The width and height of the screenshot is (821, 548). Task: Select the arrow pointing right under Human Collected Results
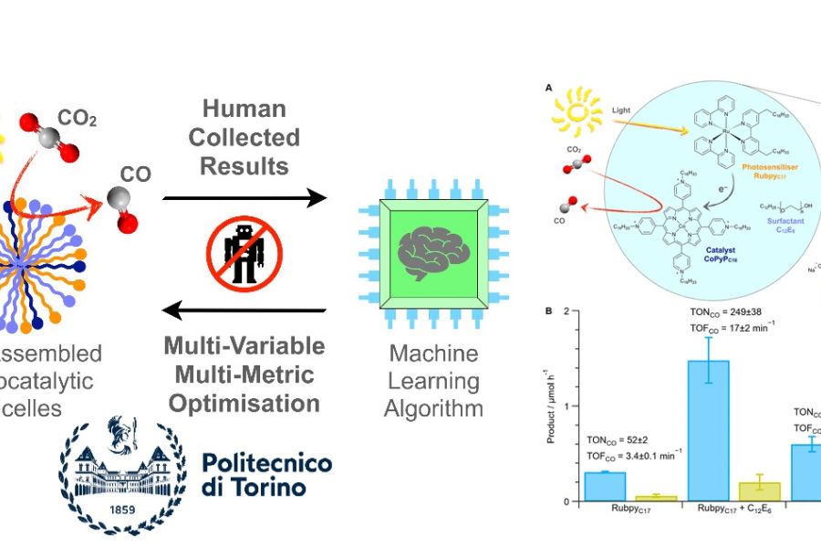[244, 197]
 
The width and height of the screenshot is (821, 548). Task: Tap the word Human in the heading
[244, 109]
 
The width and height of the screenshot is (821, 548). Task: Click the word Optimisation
[244, 403]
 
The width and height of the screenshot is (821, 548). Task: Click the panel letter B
[549, 311]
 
